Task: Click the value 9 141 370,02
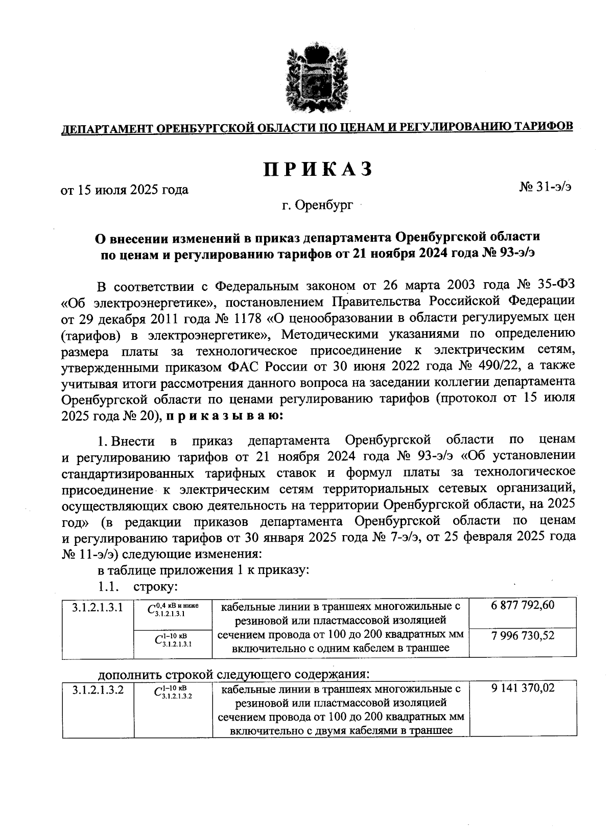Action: click(523, 688)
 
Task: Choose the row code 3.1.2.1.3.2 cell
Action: click(98, 690)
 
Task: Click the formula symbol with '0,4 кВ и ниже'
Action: click(172, 609)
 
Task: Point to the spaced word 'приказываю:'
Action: click(222, 416)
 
